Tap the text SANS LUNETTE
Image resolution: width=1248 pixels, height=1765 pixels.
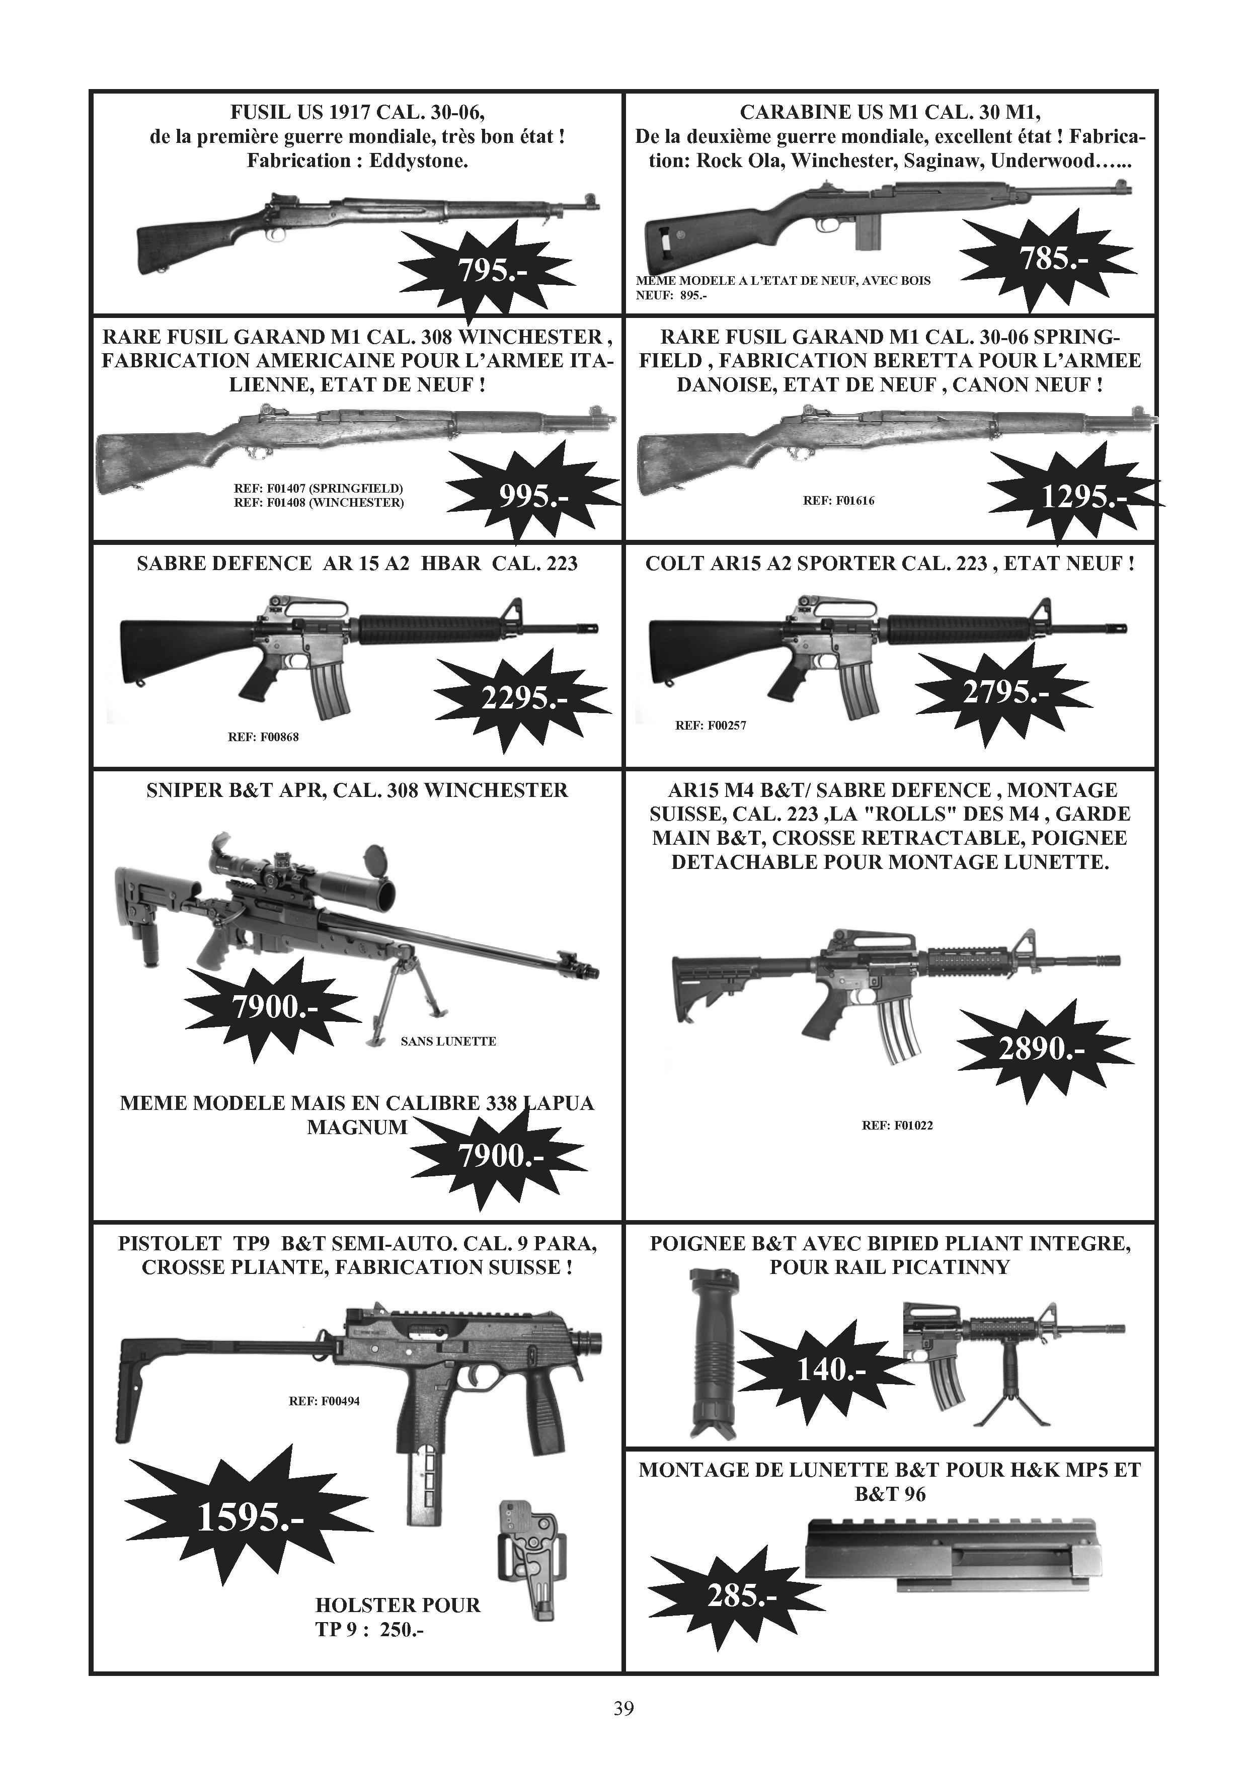click(x=448, y=1041)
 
